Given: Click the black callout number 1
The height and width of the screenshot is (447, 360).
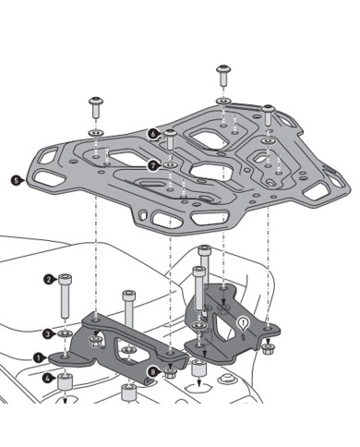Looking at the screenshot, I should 39,356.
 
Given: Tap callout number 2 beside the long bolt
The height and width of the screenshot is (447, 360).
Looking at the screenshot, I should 48,278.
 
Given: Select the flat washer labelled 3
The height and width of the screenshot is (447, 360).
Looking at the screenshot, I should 64,332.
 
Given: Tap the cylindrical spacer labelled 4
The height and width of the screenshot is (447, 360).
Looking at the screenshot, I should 66,381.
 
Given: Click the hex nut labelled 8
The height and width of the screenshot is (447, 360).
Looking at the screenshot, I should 170,374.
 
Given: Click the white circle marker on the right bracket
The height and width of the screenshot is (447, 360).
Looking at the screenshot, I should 243,322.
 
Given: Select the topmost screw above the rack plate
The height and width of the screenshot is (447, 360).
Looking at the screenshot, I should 223,74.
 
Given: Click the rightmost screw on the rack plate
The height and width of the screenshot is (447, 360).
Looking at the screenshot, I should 269,115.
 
